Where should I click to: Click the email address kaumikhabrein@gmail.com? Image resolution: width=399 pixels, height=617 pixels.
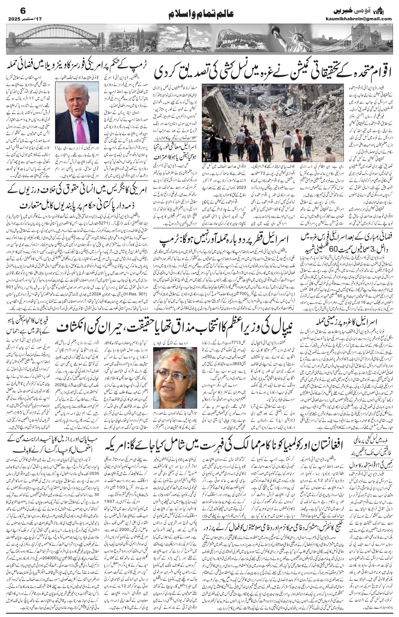pyautogui.click(x=363, y=19)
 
